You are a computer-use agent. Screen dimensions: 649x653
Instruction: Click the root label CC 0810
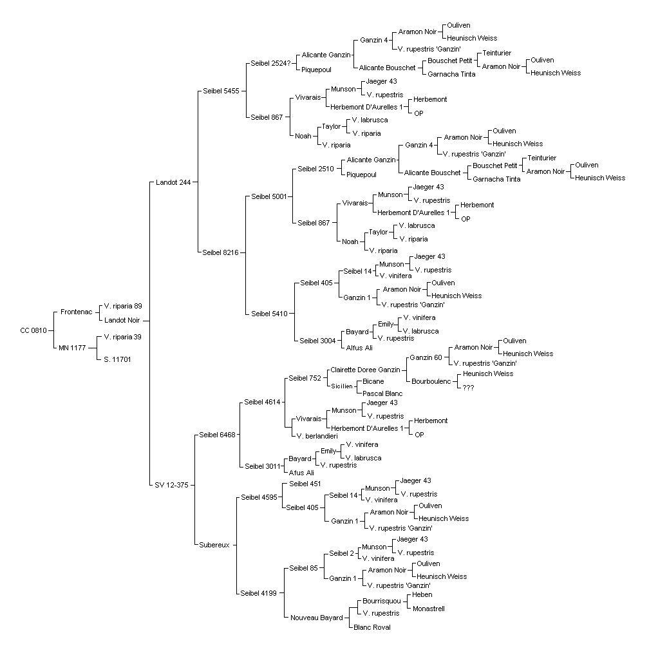[x=33, y=330]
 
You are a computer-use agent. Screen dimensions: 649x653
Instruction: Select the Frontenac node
[x=76, y=312]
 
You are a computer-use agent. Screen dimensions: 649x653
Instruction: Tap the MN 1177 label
[x=72, y=348]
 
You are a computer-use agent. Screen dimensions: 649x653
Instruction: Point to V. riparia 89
[x=123, y=306]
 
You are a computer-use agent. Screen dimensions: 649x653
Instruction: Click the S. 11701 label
[x=117, y=359]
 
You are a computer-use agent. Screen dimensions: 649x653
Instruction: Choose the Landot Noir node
[x=122, y=320]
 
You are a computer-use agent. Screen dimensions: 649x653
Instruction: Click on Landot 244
[x=173, y=182]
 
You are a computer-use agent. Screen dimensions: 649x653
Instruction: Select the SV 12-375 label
[x=171, y=485]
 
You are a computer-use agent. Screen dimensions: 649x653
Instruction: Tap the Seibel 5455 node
[x=221, y=91]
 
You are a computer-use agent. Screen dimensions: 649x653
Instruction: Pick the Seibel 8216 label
[x=221, y=252]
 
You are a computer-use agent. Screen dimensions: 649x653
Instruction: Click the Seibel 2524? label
[x=270, y=63]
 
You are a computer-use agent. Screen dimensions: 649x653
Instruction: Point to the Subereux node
[x=214, y=545]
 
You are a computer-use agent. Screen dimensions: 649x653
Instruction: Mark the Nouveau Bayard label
[x=317, y=618]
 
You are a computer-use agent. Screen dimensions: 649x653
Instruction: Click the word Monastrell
[x=429, y=609]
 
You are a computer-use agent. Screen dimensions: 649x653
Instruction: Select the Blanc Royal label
[x=372, y=627]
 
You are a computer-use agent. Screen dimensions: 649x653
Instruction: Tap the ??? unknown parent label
[x=468, y=388]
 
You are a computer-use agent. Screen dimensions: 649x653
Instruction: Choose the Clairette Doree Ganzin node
[x=365, y=370]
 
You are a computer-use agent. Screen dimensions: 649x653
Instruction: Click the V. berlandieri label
[x=317, y=436]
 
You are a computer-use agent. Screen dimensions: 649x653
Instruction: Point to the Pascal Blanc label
[x=382, y=393]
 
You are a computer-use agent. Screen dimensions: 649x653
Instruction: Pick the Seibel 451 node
[x=305, y=484]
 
